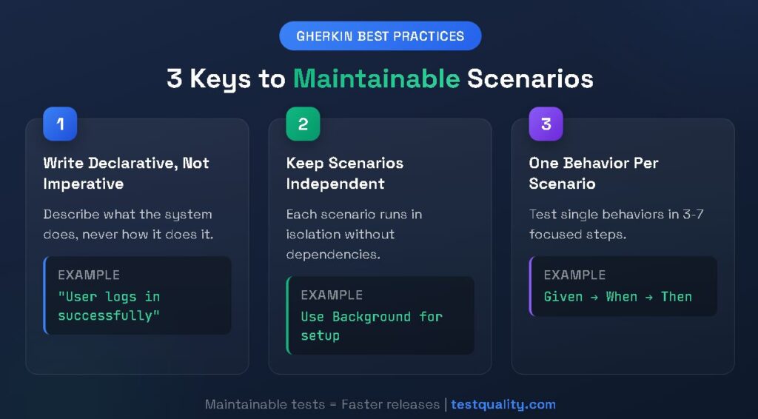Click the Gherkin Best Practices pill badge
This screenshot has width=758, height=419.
point(380,36)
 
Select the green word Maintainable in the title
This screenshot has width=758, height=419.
point(376,79)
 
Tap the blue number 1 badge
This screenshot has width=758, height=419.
point(60,124)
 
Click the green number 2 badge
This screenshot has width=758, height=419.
point(303,124)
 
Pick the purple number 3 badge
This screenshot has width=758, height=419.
point(546,124)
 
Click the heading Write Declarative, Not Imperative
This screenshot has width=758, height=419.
point(126,173)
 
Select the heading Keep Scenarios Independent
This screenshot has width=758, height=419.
point(345,173)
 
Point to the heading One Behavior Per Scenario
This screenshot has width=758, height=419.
point(594,173)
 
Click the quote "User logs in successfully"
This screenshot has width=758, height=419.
point(110,306)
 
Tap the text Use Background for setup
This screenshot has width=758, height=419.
point(371,326)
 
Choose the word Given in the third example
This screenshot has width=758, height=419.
point(563,297)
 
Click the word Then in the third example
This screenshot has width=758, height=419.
point(677,297)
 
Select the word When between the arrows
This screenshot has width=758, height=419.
point(621,297)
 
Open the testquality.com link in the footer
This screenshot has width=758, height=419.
point(503,405)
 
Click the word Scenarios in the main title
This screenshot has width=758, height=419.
point(530,79)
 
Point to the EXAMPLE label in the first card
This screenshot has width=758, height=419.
point(89,275)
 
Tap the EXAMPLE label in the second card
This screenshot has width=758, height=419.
point(332,295)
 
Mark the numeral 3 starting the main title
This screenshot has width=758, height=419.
point(174,79)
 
